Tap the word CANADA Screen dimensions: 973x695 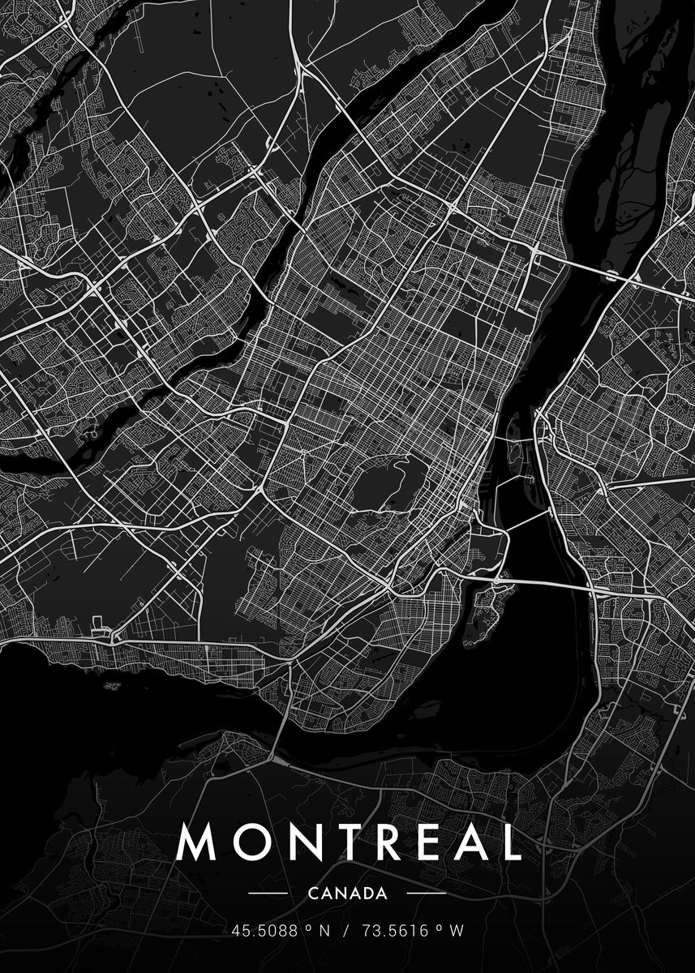pos(347,894)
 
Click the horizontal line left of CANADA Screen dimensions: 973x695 pos(268,894)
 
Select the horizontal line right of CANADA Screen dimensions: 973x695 pos(426,894)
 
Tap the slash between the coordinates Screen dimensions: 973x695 pos(345,932)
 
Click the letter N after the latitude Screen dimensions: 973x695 pos(324,932)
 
